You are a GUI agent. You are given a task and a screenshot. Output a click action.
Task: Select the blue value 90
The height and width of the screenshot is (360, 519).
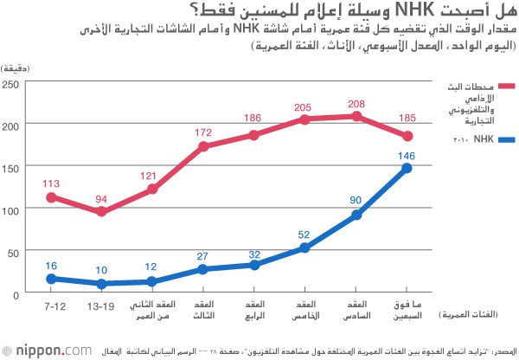pos(356,201)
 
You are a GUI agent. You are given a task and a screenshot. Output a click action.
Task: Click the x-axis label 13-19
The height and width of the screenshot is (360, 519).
pos(101,307)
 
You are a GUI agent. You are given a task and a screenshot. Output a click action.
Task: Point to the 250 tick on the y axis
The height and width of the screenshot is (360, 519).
pos(10,84)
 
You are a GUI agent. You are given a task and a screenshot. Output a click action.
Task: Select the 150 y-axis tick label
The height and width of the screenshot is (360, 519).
pos(10,169)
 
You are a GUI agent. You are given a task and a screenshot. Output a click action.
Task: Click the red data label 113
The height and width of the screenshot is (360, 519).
pos(51,183)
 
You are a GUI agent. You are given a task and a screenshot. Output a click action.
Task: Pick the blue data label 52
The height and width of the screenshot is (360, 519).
pos(304,234)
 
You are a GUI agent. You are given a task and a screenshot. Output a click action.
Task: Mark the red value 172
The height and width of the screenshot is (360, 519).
pos(203,132)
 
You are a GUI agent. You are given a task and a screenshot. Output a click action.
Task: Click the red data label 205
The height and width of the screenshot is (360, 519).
pos(304,106)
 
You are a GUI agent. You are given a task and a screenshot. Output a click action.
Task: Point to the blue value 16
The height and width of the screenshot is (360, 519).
pos(51,265)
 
